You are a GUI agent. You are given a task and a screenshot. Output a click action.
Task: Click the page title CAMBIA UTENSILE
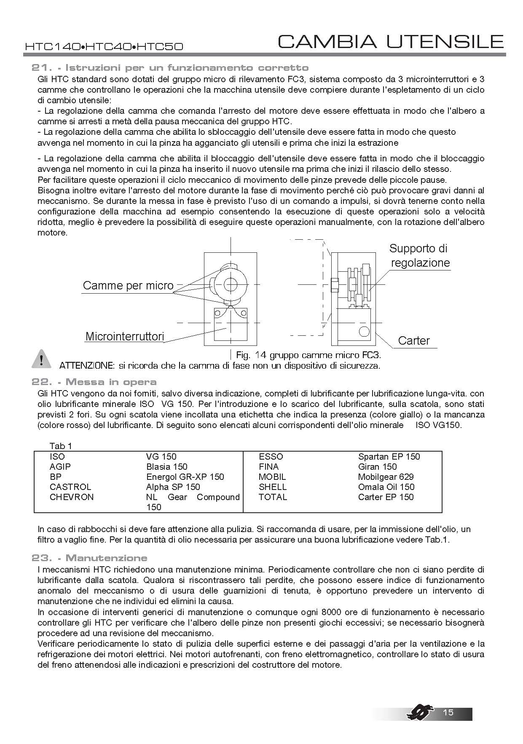click(x=391, y=42)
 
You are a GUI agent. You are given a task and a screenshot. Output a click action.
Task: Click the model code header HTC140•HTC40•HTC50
click(x=104, y=46)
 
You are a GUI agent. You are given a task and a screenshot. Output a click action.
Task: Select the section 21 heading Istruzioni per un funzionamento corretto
click(x=170, y=68)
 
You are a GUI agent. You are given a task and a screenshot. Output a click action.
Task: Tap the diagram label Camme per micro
click(x=128, y=286)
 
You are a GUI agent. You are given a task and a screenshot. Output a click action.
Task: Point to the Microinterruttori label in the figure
click(x=124, y=337)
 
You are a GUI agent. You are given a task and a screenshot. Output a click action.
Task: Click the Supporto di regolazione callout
click(x=420, y=255)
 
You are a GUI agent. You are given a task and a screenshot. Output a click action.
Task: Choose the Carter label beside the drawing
click(x=414, y=340)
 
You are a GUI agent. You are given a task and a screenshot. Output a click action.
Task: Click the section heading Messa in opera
click(x=94, y=382)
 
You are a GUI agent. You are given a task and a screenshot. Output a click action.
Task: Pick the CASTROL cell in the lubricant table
click(x=70, y=487)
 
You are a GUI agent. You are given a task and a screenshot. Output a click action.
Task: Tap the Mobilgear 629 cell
click(x=386, y=477)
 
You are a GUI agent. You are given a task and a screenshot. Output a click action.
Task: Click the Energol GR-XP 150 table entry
click(x=185, y=477)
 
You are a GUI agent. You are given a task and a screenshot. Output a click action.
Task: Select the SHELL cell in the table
click(x=273, y=487)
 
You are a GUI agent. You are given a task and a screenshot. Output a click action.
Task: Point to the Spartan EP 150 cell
click(x=389, y=457)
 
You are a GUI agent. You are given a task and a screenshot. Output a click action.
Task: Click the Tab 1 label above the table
click(x=61, y=446)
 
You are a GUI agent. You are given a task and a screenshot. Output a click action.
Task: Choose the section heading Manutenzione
click(x=89, y=558)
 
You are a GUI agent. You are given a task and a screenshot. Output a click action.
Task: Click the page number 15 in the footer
click(x=448, y=712)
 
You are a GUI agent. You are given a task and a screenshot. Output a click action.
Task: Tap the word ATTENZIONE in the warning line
click(x=86, y=365)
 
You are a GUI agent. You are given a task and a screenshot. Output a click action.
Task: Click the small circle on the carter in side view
click(x=364, y=331)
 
